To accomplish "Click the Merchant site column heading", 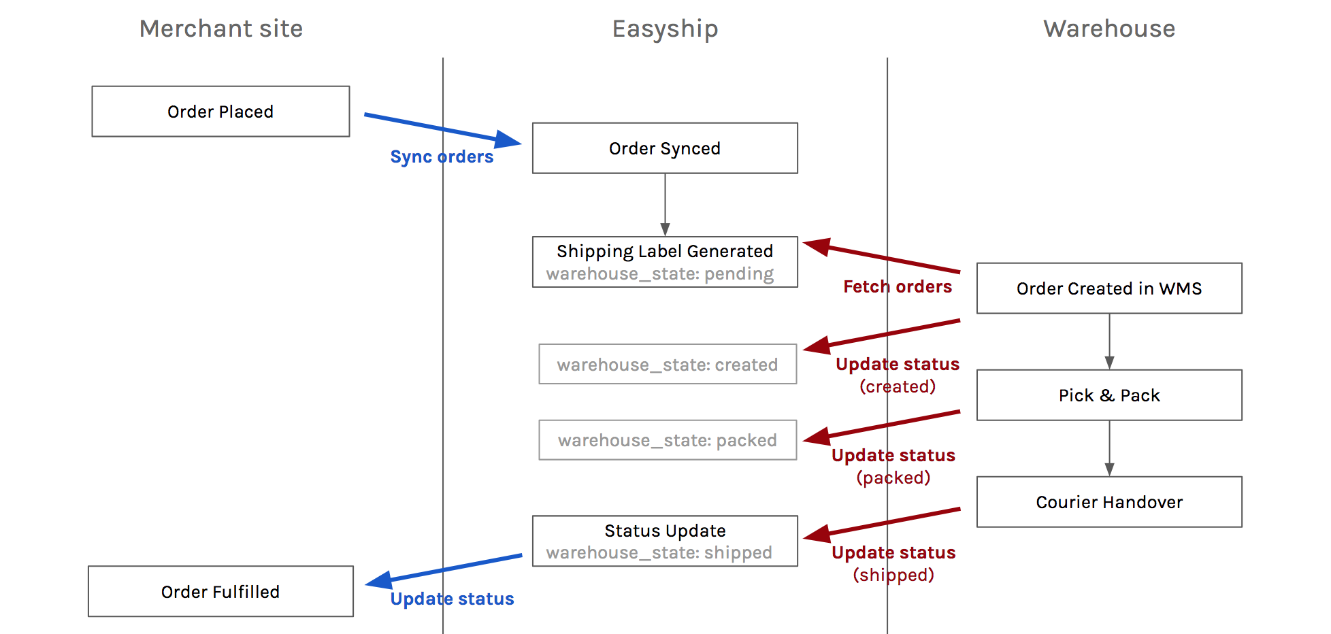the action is click(x=221, y=29).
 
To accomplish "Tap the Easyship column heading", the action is click(x=665, y=29).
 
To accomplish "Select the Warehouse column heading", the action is click(x=1109, y=29).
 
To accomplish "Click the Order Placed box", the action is click(x=220, y=112).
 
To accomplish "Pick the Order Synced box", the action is click(x=665, y=148).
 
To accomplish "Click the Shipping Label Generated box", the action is click(x=665, y=262).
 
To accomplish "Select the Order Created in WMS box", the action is click(x=1109, y=288).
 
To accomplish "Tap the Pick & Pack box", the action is click(x=1109, y=395).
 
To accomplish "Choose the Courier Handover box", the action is click(x=1109, y=502).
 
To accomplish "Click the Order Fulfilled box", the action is click(x=220, y=592).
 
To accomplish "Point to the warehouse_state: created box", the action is click(x=668, y=364).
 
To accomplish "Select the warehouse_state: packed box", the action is click(x=668, y=440).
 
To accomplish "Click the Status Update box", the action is click(x=665, y=541).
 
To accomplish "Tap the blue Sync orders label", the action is click(x=442, y=157).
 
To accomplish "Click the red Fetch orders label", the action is click(x=898, y=286).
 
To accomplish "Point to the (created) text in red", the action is click(x=898, y=386).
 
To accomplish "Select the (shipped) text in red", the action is click(x=893, y=575).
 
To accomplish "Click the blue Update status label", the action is click(x=452, y=599).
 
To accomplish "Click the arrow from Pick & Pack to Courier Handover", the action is click(x=1109, y=448).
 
